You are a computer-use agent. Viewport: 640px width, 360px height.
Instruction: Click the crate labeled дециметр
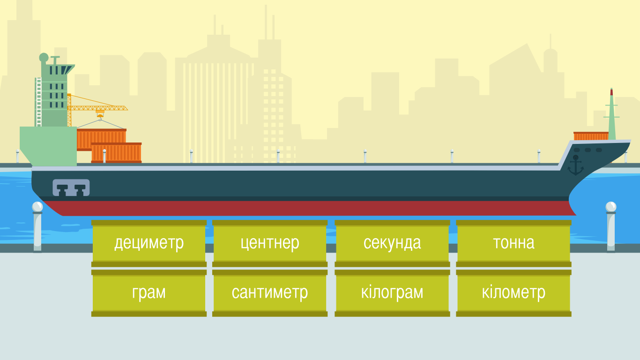coord(149,243)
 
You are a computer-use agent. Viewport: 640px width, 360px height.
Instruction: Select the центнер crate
coord(270,243)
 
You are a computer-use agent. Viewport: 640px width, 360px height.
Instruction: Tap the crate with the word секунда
coord(392,243)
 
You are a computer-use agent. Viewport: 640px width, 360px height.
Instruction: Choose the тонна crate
coord(513,243)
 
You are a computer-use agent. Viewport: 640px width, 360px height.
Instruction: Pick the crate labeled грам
coord(149,293)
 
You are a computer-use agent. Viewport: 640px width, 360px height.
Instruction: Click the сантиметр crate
coord(270,293)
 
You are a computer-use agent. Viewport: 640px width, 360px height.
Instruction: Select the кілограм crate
coord(392,293)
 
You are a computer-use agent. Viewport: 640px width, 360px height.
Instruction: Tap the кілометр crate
coord(513,293)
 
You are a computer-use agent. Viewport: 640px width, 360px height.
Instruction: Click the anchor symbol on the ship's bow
coord(575,165)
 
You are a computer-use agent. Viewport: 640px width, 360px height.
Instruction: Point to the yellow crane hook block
coord(100,113)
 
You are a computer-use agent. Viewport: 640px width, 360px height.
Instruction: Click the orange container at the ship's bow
coord(591,136)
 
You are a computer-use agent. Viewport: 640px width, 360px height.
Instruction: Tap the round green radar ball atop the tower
coord(44,58)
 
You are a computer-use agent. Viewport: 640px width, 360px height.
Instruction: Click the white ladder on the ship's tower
coord(39,102)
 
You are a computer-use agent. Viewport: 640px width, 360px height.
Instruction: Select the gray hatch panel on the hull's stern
coord(71,187)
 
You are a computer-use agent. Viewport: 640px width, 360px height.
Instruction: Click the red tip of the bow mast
coord(611,92)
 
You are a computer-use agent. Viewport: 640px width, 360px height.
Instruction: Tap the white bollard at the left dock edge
coord(37,227)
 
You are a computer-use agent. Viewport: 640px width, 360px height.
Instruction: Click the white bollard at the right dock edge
coord(611,227)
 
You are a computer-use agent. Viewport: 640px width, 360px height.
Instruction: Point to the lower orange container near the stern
coord(116,153)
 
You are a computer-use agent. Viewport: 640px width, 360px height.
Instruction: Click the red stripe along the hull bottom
coord(309,208)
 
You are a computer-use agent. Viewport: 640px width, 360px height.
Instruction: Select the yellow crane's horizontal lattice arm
coord(98,108)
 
